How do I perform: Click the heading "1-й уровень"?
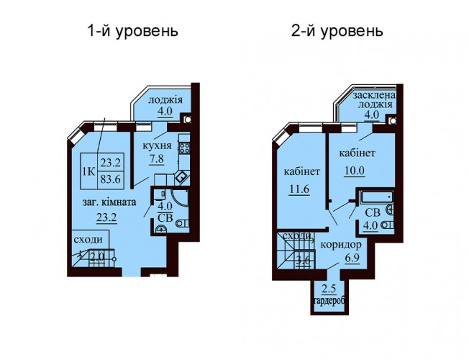[x=132, y=32]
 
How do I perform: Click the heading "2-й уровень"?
[x=337, y=32]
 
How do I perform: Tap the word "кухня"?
[x=157, y=146]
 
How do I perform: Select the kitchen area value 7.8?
[x=157, y=158]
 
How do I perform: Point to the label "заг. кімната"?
[x=109, y=202]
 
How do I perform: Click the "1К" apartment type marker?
[x=88, y=171]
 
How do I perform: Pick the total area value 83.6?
[x=110, y=179]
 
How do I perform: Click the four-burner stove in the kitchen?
[x=184, y=148]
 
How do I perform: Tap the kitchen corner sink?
[x=181, y=178]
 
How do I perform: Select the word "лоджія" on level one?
[x=165, y=99]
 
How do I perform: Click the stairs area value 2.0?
[x=97, y=257]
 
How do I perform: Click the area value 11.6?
[x=299, y=189]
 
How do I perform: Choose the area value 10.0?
[x=354, y=171]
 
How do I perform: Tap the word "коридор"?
[x=341, y=245]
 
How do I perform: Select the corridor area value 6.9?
[x=352, y=258]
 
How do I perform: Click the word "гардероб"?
[x=329, y=302]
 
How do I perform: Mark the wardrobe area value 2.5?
[x=329, y=289]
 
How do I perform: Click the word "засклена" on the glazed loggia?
[x=374, y=95]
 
